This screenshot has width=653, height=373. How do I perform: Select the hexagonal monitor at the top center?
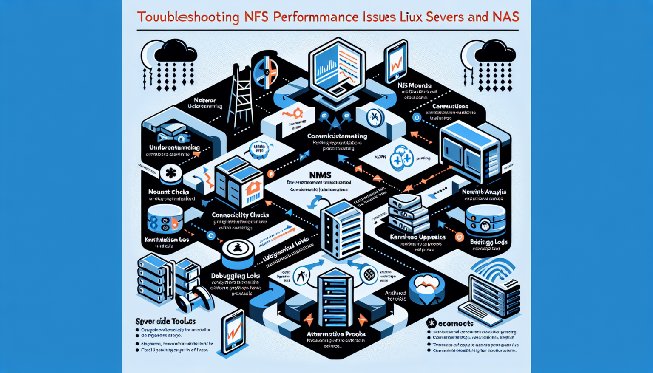337,68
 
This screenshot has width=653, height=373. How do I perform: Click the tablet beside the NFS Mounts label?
396,62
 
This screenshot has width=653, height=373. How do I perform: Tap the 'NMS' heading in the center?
321,175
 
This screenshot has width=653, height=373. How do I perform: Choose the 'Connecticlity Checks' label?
240,215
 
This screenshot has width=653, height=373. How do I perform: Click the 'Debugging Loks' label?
236,276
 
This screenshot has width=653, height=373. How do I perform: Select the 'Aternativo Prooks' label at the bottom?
336,334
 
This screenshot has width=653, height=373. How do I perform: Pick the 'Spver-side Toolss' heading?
165,321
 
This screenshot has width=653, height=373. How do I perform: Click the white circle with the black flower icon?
171,173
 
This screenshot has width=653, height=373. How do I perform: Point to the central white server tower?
342,229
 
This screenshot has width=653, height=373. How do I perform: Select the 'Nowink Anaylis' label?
484,192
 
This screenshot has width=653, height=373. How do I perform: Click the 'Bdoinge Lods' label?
488,242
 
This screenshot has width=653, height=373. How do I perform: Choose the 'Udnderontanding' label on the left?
174,147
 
